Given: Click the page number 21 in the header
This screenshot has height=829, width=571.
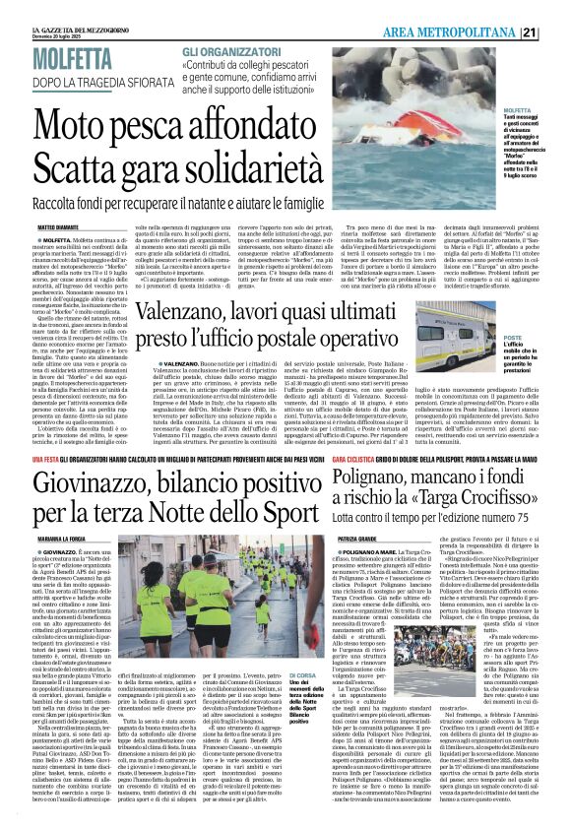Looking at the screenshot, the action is tap(555, 32).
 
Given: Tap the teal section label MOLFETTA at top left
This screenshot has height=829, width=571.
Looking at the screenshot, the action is tap(70, 61).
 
